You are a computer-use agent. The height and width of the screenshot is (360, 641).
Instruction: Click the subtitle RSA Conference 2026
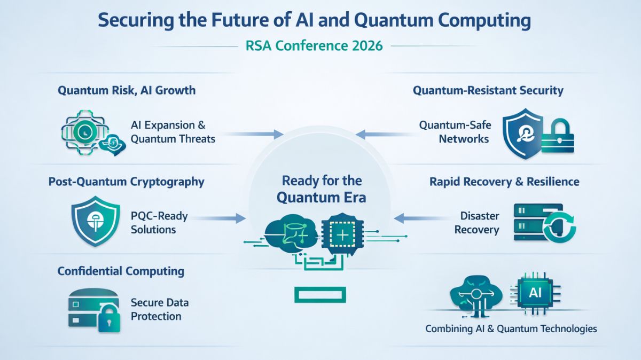pyautogui.click(x=314, y=45)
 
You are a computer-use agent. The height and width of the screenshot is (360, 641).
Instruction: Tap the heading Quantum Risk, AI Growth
pyautogui.click(x=127, y=90)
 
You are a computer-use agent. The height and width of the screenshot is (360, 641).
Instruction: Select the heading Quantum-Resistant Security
pyautogui.click(x=488, y=90)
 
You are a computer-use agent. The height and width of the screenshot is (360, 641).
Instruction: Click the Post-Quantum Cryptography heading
pyautogui.click(x=126, y=182)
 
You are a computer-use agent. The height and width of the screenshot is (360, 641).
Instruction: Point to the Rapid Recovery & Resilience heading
pyautogui.click(x=504, y=182)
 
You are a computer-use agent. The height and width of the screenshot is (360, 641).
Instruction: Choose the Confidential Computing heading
pyautogui.click(x=121, y=271)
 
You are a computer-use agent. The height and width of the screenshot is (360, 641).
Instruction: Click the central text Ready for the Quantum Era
pyautogui.click(x=321, y=189)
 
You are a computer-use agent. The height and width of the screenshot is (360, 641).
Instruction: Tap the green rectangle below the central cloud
pyautogui.click(x=319, y=293)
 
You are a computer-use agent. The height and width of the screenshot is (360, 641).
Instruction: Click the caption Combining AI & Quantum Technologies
pyautogui.click(x=511, y=328)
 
